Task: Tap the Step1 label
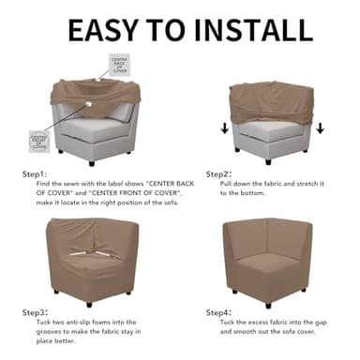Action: pyautogui.click(x=34, y=173)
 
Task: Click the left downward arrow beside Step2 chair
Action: pyautogui.click(x=224, y=127)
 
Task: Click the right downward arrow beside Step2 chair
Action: pyautogui.click(x=320, y=127)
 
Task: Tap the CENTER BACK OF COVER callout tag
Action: pyautogui.click(x=119, y=65)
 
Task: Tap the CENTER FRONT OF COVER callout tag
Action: pyautogui.click(x=39, y=142)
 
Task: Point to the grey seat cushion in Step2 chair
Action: pyautogui.click(x=271, y=132)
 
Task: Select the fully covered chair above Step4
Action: pyautogui.click(x=272, y=258)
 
